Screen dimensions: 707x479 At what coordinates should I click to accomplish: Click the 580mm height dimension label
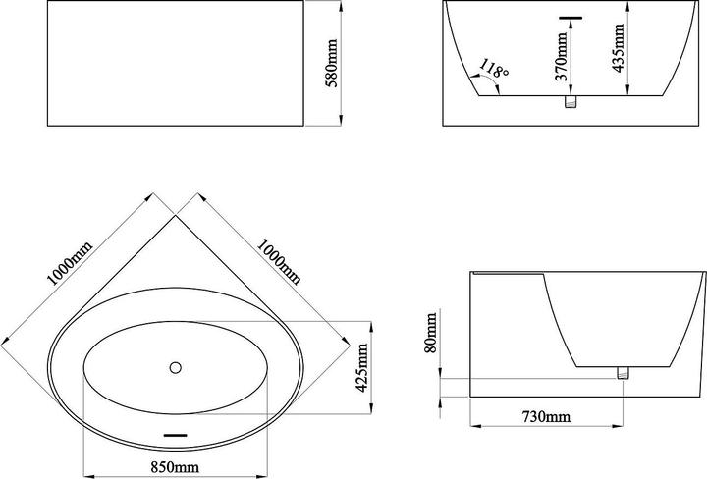pos(332,63)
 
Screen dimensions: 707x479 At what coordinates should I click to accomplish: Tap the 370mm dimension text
pos(561,56)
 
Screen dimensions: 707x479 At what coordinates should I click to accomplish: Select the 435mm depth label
pos(619,48)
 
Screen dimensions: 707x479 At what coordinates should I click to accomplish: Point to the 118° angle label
pos(494,68)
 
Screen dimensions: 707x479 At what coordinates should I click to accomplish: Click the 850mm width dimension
pos(175,467)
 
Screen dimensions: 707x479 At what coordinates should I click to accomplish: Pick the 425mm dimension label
pos(362,368)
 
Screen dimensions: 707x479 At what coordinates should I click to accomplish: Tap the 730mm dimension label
pos(546,416)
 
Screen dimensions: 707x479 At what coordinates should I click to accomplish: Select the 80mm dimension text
pos(431,333)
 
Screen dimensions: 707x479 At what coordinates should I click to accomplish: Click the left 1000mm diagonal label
pos(70,263)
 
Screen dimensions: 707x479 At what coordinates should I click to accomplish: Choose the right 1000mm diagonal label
pos(279,262)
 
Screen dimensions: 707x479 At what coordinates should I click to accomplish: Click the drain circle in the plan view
pos(176,367)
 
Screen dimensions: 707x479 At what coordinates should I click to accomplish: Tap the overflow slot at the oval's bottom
pos(175,435)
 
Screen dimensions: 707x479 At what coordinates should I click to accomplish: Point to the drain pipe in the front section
pos(571,102)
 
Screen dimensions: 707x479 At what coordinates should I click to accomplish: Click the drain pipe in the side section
pos(623,373)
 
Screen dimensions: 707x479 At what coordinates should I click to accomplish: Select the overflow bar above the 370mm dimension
pos(571,18)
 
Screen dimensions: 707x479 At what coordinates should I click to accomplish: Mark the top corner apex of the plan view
pos(176,215)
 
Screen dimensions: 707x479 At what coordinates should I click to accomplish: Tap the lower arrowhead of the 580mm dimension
pos(341,121)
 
